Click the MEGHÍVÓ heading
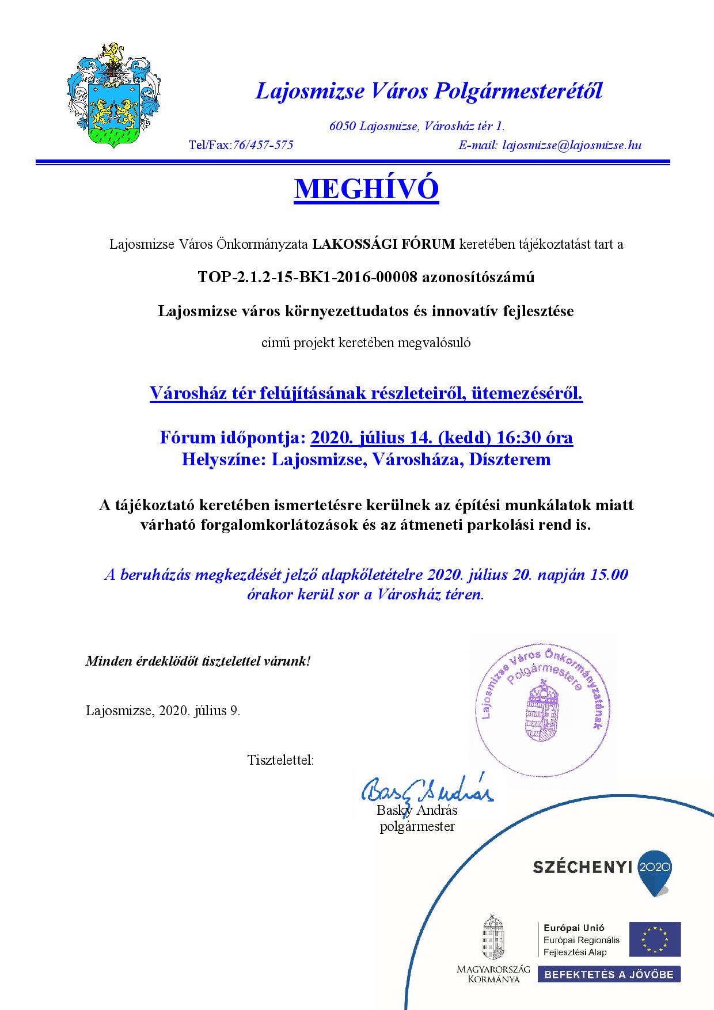pos(366,189)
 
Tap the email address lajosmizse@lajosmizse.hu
pos(572,145)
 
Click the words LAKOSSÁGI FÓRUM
pos(383,244)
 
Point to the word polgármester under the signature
pos(417,827)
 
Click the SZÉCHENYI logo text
pos(583,868)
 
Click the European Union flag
pos(654,939)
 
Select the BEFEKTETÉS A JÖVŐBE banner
pos(609,974)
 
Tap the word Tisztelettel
pos(280,760)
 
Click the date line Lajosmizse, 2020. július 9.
pos(163,711)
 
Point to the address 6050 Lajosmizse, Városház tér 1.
pos(417,126)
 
